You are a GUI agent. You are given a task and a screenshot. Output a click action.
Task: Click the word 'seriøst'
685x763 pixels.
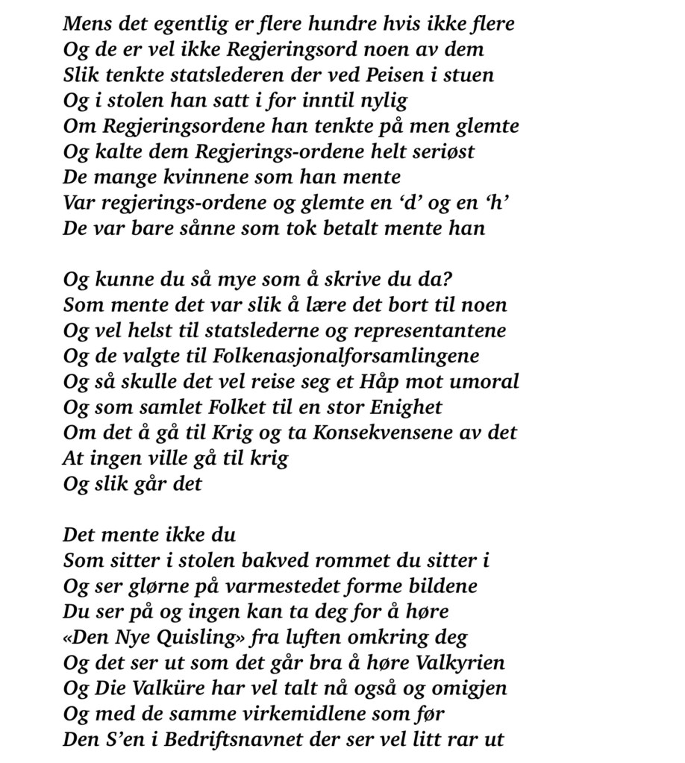pos(439,151)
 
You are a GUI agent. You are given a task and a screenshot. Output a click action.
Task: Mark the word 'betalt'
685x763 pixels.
pos(375,228)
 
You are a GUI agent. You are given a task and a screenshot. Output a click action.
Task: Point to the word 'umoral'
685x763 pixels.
pos(486,381)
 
